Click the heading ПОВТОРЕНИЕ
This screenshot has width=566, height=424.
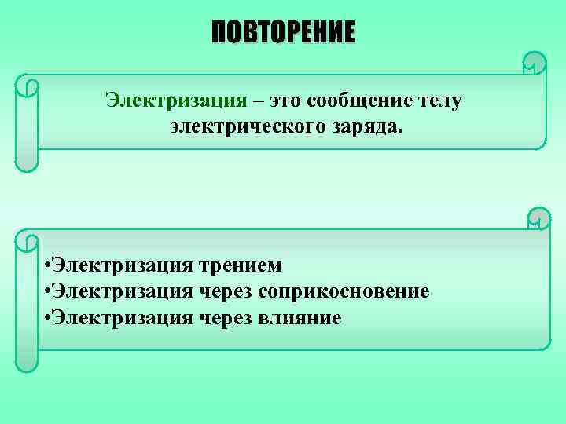(x=283, y=33)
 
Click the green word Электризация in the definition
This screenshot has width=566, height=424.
(x=177, y=100)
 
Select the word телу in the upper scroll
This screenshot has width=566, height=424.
(x=437, y=100)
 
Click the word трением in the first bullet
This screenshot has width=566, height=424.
(x=241, y=265)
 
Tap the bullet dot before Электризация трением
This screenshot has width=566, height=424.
(x=49, y=265)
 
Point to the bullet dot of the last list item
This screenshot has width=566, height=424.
(x=49, y=317)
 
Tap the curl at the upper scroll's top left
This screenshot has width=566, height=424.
(x=28, y=84)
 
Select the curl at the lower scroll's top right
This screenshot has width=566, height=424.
(x=539, y=217)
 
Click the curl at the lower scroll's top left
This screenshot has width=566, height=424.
(x=28, y=240)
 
